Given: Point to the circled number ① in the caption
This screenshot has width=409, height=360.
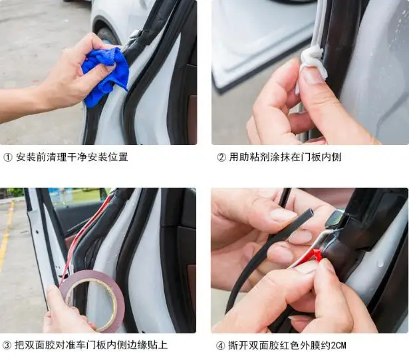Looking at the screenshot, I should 8,157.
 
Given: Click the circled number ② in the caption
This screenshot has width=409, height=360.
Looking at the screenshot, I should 221,157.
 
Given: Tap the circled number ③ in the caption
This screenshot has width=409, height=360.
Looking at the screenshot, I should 8,345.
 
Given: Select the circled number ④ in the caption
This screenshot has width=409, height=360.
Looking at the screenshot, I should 221,345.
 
